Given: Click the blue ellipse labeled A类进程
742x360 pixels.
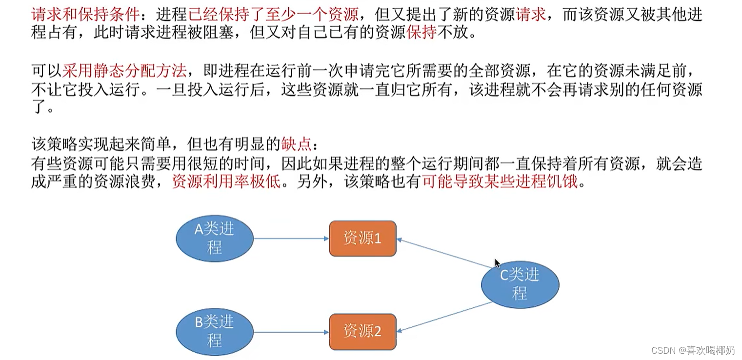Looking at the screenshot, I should (215, 239).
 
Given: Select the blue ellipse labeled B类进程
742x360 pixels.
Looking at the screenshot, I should (215, 331).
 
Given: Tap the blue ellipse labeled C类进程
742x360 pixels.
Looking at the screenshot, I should (520, 284).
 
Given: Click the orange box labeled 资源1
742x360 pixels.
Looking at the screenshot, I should (362, 239).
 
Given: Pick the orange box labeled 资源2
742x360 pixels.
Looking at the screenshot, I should (362, 332).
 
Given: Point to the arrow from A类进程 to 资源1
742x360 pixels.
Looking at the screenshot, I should (291, 239).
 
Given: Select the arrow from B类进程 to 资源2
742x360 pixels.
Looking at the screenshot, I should (291, 332).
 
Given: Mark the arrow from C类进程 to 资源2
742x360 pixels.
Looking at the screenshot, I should (444, 317).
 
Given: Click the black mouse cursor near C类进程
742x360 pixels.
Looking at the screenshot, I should (497, 263).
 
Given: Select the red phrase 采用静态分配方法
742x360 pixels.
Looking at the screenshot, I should (124, 71).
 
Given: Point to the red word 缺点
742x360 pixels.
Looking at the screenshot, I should (296, 144).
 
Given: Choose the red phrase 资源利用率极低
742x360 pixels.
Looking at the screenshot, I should (226, 182).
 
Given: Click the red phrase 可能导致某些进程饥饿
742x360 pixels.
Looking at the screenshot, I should (500, 182).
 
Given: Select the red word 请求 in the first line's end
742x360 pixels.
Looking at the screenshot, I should (531, 14).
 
